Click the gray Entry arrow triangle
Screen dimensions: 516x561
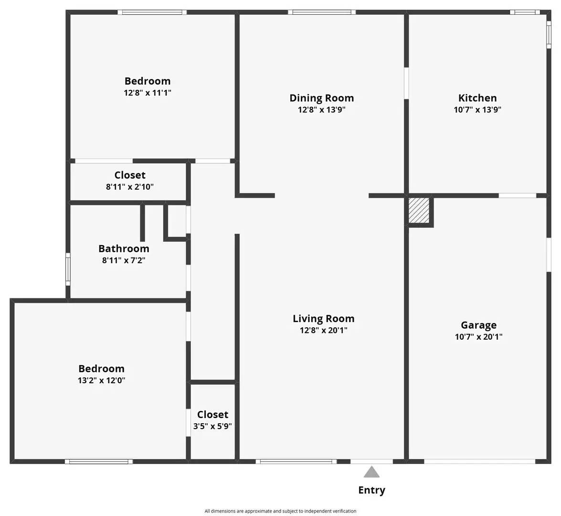pyautogui.click(x=371, y=473)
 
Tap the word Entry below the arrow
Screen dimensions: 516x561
pyautogui.click(x=371, y=490)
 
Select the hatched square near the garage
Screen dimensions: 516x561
pyautogui.click(x=419, y=210)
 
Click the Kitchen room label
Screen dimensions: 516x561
pyautogui.click(x=477, y=98)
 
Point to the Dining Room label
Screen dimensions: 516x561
pyautogui.click(x=322, y=98)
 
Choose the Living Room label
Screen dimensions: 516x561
pyautogui.click(x=323, y=319)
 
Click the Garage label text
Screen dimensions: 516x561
pyautogui.click(x=478, y=325)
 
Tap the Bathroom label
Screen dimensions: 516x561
pyautogui.click(x=124, y=248)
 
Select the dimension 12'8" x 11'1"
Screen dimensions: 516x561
pyautogui.click(x=148, y=93)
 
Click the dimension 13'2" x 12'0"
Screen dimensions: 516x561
pyautogui.click(x=101, y=381)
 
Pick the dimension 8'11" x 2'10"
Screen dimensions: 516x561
pyautogui.click(x=130, y=187)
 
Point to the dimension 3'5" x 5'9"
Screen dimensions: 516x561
pyautogui.click(x=212, y=426)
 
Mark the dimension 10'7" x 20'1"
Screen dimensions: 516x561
pyautogui.click(x=478, y=337)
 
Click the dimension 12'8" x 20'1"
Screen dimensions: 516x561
pyautogui.click(x=323, y=330)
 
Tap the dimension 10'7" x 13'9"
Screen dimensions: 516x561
pyautogui.click(x=477, y=109)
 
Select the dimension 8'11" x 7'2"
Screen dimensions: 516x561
pyautogui.click(x=124, y=260)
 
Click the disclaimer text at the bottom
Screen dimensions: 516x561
pyautogui.click(x=280, y=511)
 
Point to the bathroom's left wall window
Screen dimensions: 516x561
pyautogui.click(x=68, y=269)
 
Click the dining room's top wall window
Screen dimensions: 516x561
pyautogui.click(x=322, y=12)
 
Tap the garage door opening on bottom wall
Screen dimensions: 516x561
pyautogui.click(x=479, y=462)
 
